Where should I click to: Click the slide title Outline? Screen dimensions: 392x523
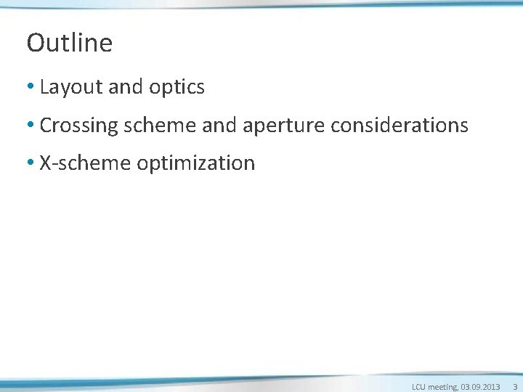click(70, 43)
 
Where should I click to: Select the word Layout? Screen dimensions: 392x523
click(71, 88)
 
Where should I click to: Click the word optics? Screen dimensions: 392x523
click(177, 88)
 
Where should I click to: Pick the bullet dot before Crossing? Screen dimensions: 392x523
click(31, 126)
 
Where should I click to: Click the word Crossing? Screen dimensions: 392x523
click(79, 126)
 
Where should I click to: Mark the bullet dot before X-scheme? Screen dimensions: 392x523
click(31, 163)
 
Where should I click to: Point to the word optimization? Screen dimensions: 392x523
click(196, 163)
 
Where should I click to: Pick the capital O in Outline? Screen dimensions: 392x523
click(35, 43)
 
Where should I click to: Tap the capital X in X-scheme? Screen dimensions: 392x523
click(45, 163)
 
